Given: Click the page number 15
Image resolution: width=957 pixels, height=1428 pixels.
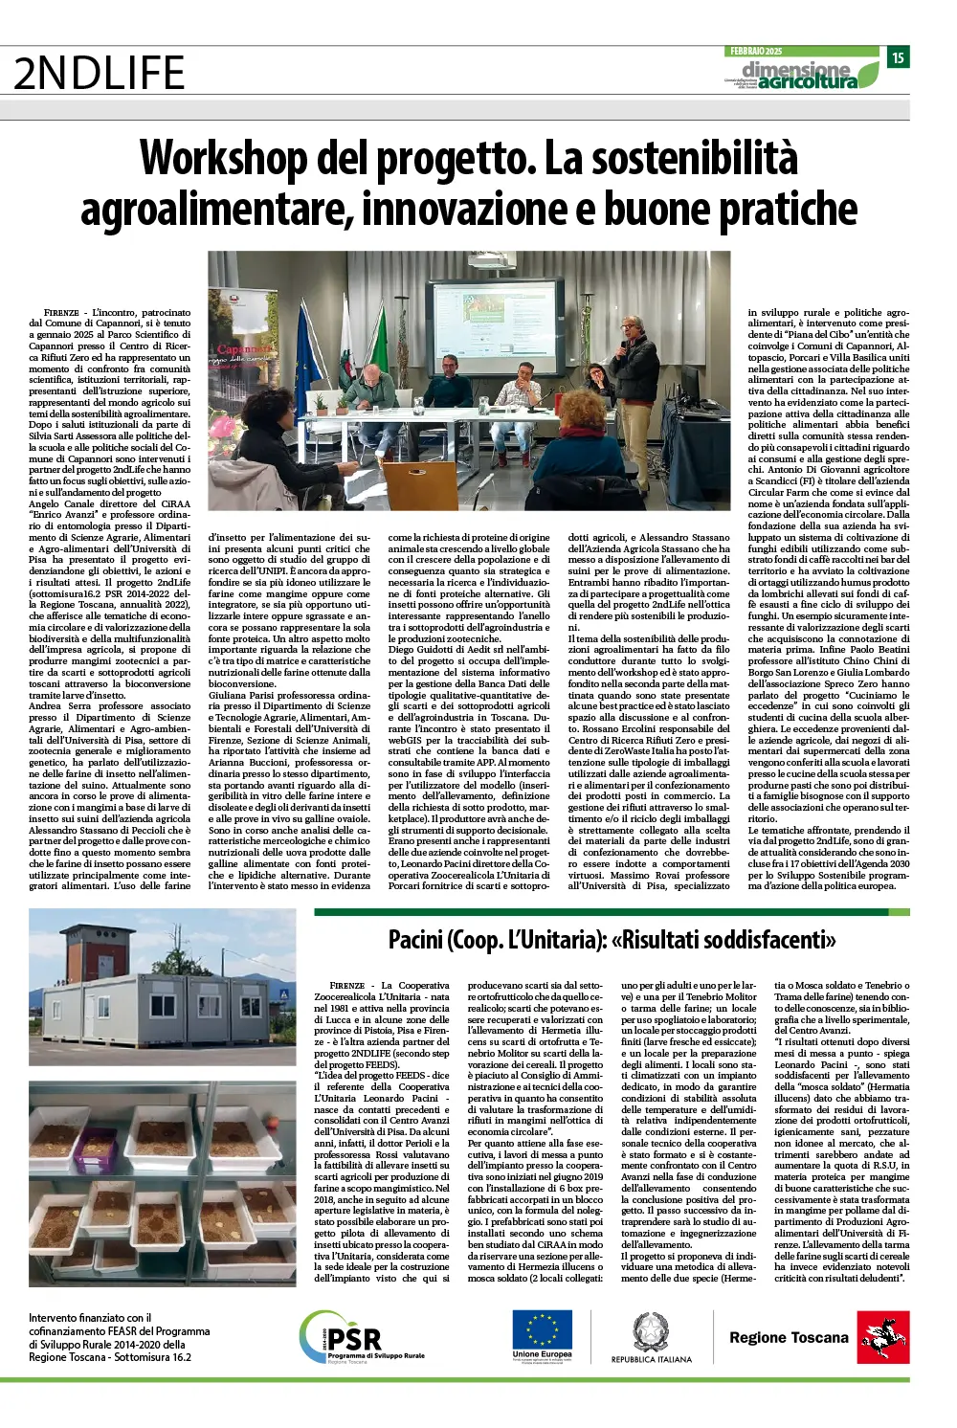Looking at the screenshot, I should [898, 57].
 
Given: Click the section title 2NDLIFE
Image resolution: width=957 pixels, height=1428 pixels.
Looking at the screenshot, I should [100, 74].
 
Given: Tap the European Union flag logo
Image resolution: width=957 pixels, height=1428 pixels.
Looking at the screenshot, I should [542, 1331].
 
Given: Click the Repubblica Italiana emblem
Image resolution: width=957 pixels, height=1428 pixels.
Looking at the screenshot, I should [651, 1332].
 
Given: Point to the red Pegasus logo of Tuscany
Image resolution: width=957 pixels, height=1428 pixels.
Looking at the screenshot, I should [882, 1337].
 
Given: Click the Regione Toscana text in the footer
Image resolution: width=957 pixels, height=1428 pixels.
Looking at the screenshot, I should [789, 1337].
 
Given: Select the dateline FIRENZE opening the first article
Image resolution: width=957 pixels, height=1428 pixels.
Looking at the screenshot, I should [61, 313].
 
